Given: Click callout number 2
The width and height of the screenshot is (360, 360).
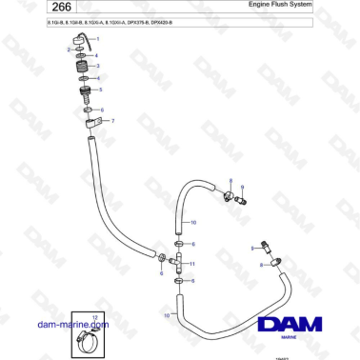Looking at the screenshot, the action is [x=69, y=49].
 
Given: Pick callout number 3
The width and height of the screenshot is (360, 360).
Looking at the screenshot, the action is [x=98, y=66].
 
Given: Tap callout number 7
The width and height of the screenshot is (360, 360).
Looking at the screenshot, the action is [x=113, y=121].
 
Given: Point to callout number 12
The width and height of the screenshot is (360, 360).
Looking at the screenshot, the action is [x=93, y=314].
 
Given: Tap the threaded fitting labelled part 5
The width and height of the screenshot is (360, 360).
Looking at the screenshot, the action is [x=83, y=93].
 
